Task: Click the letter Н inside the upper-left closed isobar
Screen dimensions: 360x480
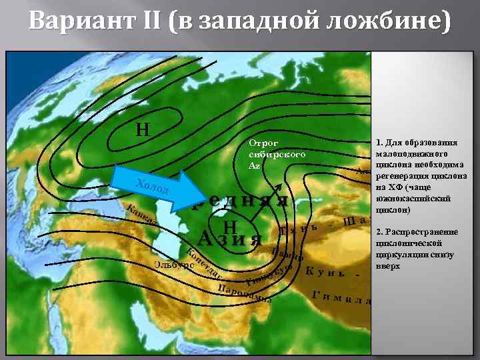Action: pyautogui.click(x=142, y=129)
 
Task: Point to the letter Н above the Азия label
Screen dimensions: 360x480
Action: pyautogui.click(x=231, y=228)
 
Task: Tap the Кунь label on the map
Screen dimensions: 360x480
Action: pyautogui.click(x=325, y=272)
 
